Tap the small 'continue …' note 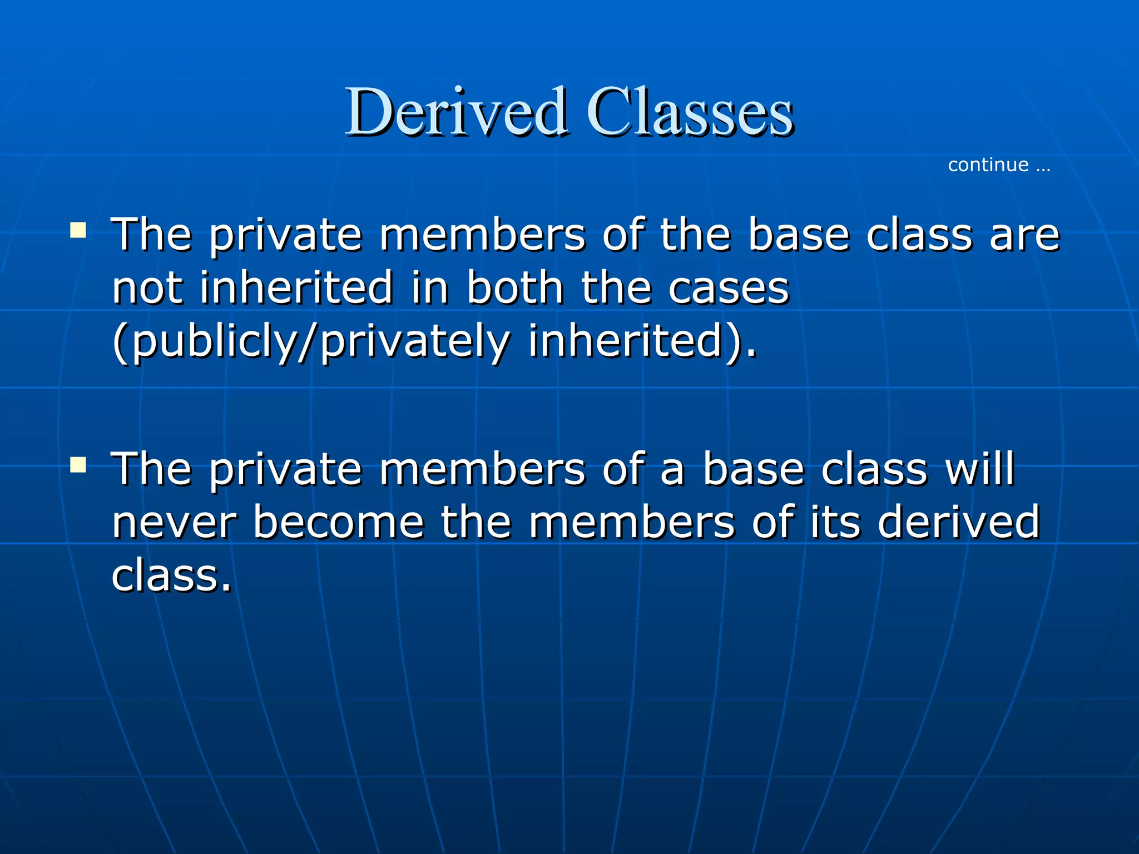(999, 165)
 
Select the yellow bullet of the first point (78, 230)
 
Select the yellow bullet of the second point (78, 464)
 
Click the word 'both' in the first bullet (515, 288)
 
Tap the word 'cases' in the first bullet (729, 289)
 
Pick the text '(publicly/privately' (310, 341)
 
